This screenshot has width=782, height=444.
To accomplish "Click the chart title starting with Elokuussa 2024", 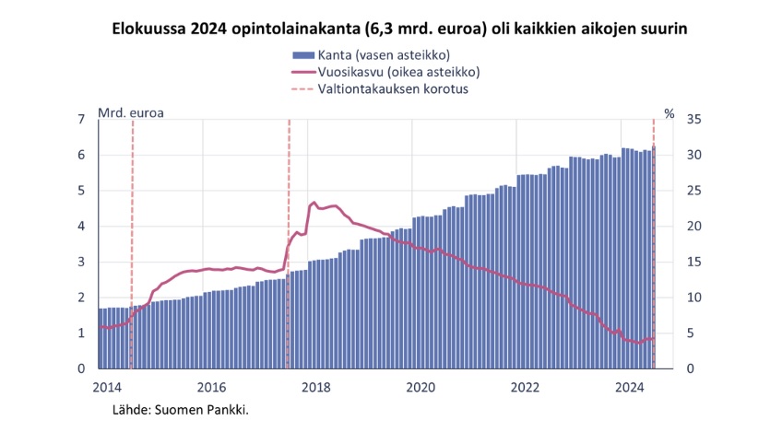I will click(399, 29).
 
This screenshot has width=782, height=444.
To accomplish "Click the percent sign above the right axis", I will click(669, 114).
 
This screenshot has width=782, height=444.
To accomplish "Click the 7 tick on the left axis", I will click(82, 120).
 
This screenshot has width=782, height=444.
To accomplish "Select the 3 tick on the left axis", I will click(82, 263).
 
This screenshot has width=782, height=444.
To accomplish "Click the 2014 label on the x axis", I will click(107, 387).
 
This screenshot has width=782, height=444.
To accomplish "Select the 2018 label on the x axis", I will click(316, 387).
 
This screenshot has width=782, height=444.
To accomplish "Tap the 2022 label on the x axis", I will click(526, 387).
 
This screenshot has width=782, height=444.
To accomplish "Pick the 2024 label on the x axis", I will click(630, 387).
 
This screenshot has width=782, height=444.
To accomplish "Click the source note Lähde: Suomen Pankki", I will click(181, 408).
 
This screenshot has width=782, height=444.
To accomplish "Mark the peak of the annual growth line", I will click(314, 203).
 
